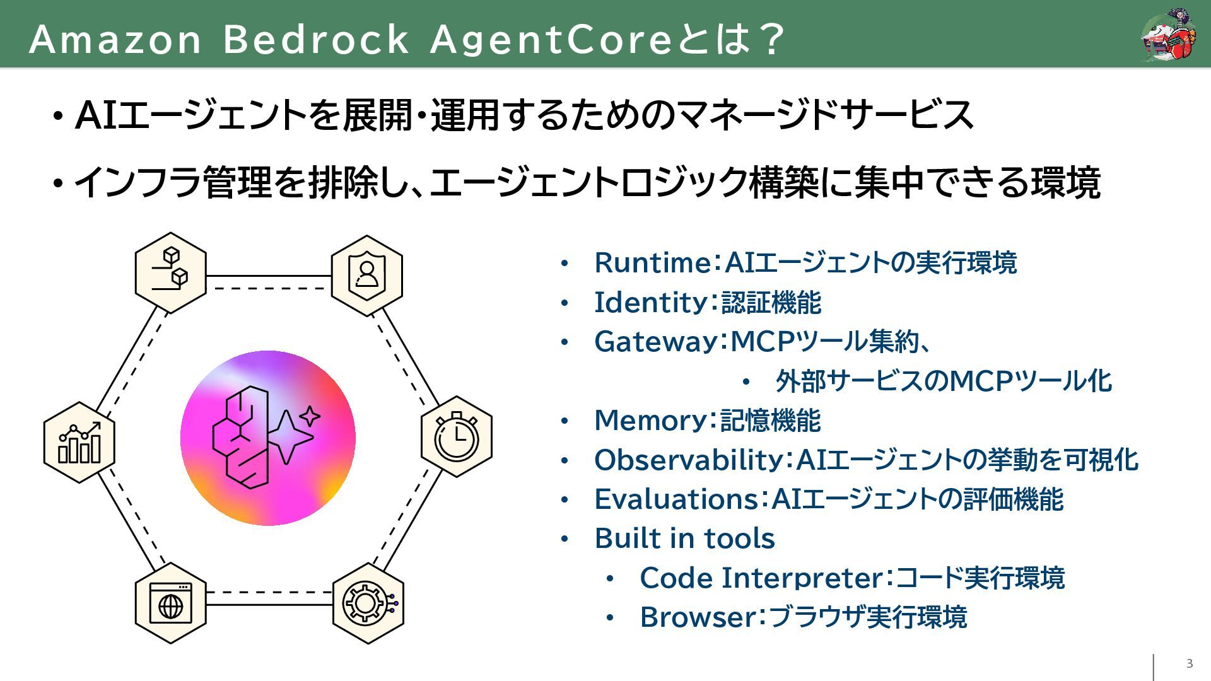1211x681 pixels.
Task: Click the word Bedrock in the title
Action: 316,39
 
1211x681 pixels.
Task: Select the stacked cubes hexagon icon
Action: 170,272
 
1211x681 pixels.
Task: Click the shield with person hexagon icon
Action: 366,275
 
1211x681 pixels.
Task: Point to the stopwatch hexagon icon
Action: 457,436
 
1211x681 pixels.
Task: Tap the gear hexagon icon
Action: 368,603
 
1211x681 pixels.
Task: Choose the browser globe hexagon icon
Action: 170,603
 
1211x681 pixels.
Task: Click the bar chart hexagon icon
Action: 79,442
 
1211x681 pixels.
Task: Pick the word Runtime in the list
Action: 653,263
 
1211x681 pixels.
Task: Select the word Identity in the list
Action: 650,303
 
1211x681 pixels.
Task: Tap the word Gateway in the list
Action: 656,342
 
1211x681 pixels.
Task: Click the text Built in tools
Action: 684,538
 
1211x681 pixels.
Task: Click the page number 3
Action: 1190,663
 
